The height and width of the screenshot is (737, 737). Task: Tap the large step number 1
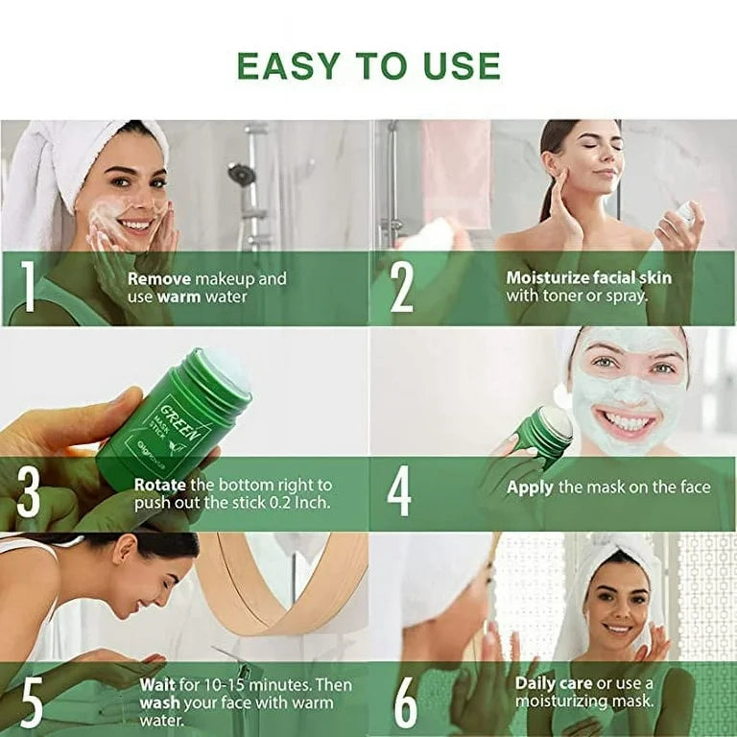pyautogui.click(x=29, y=288)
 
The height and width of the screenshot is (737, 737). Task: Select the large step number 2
pyautogui.click(x=402, y=288)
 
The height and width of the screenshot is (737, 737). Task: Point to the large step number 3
pyautogui.click(x=29, y=494)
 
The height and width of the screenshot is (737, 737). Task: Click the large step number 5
pyautogui.click(x=31, y=702)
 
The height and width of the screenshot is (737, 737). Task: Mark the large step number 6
pyautogui.click(x=406, y=703)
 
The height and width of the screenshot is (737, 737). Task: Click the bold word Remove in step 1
pyautogui.click(x=158, y=279)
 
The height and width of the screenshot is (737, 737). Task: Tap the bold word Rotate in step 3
pyautogui.click(x=159, y=486)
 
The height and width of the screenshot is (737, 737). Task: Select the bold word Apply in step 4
pyautogui.click(x=530, y=487)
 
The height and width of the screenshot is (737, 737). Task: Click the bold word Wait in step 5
pyautogui.click(x=157, y=685)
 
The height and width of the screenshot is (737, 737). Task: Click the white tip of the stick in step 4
pyautogui.click(x=558, y=421)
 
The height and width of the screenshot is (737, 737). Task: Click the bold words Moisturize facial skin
pyautogui.click(x=588, y=277)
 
